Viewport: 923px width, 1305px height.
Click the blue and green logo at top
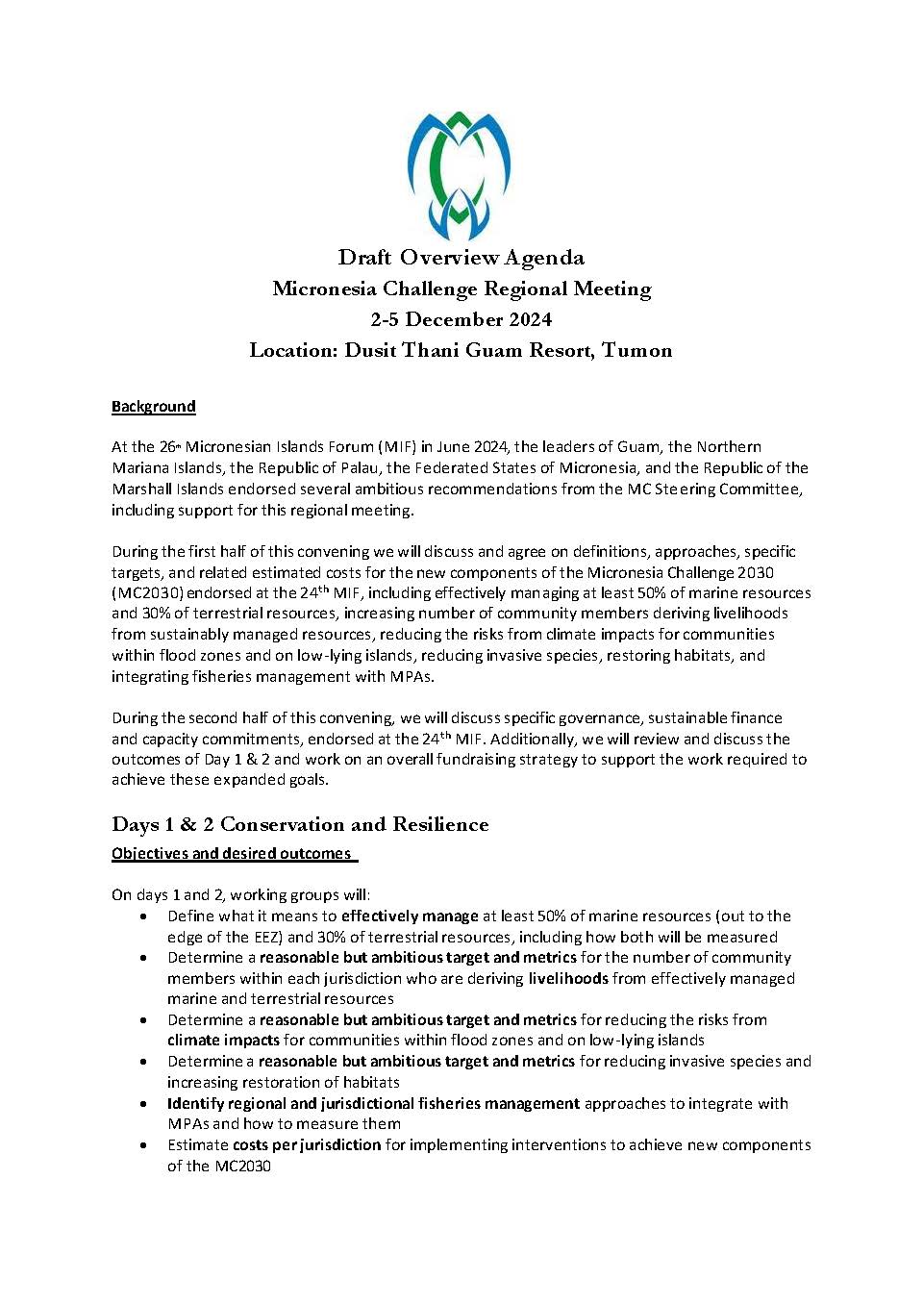pyautogui.click(x=460, y=175)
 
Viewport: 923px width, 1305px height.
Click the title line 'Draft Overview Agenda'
pyautogui.click(x=461, y=258)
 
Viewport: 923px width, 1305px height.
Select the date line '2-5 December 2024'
pyautogui.click(x=461, y=319)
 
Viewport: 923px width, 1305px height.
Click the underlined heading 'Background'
pyautogui.click(x=154, y=406)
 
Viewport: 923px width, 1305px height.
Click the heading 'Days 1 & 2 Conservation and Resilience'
pyautogui.click(x=300, y=824)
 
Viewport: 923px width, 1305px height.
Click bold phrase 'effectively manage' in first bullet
pyautogui.click(x=410, y=916)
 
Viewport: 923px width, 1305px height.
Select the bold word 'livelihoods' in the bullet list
pyautogui.click(x=568, y=979)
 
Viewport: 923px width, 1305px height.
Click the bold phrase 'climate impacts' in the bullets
pyautogui.click(x=223, y=1041)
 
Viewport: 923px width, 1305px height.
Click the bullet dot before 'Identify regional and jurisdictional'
pyautogui.click(x=144, y=1104)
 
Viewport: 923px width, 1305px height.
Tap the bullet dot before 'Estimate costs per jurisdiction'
pyautogui.click(x=144, y=1145)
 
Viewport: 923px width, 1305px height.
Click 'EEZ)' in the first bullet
pyautogui.click(x=266, y=938)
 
